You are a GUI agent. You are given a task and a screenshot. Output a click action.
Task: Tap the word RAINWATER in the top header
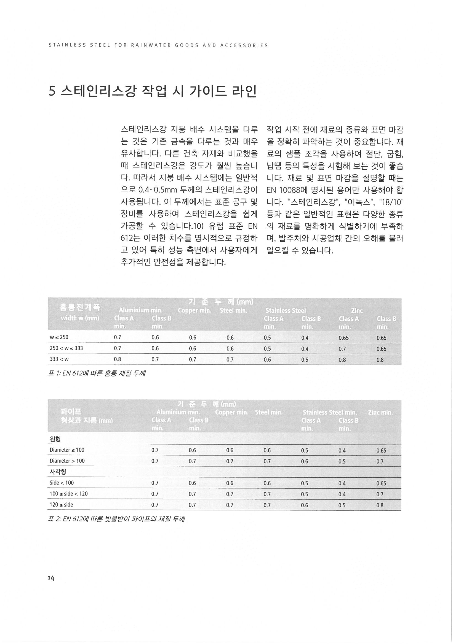pos(151,45)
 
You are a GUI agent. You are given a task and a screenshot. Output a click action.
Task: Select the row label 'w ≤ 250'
pos(59,337)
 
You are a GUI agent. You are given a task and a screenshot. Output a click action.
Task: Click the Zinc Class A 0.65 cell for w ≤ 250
pos(344,338)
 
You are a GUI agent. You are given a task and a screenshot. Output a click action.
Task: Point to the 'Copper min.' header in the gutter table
pos(194,310)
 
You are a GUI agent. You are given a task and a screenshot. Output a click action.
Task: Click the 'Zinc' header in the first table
pos(357,310)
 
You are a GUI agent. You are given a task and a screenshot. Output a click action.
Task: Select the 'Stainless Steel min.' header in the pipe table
pos(330,412)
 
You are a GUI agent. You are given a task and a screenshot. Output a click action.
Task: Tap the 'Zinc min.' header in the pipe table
pos(380,412)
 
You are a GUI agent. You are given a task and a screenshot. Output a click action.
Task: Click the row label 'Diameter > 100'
pos(67,461)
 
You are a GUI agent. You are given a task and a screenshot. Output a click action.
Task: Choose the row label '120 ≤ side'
pos(61,505)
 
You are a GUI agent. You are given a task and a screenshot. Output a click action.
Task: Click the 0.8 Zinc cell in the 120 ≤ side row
pos(380,505)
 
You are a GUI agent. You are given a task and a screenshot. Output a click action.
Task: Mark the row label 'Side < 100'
pos(62,483)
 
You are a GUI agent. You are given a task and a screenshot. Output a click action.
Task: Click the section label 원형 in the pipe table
pos(55,439)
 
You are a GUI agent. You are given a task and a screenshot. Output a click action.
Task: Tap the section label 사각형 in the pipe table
pos(58,472)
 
